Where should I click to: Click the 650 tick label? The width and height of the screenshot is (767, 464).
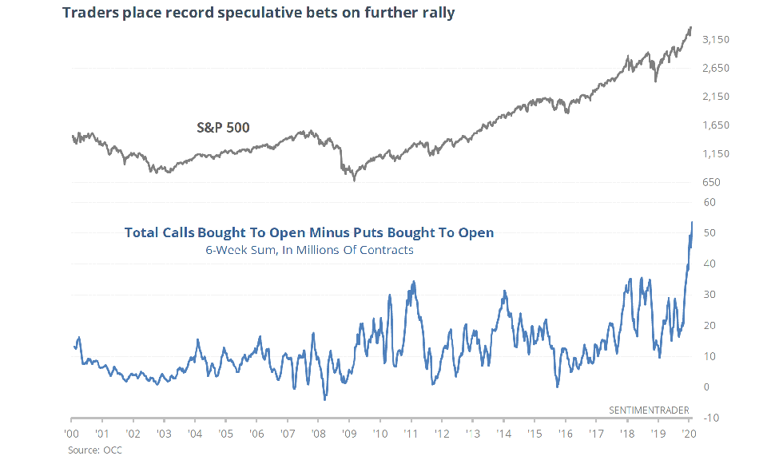coord(710,182)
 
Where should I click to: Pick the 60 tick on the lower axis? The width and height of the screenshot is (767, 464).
coord(709,202)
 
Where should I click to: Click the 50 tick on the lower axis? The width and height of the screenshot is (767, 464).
coord(709,233)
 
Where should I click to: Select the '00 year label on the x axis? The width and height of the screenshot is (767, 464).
coord(71,434)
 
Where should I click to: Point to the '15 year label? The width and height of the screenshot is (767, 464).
coord(535,434)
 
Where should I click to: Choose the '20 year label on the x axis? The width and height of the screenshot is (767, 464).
coord(688,434)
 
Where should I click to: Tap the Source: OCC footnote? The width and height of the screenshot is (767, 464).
coord(94,450)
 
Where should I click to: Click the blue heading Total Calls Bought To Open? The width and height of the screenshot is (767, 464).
coord(308,232)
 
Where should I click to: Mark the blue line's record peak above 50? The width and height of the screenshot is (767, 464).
coord(691,222)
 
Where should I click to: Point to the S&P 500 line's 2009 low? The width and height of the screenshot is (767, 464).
coord(355,180)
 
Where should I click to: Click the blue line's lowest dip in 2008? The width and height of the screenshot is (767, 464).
coord(324,399)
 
